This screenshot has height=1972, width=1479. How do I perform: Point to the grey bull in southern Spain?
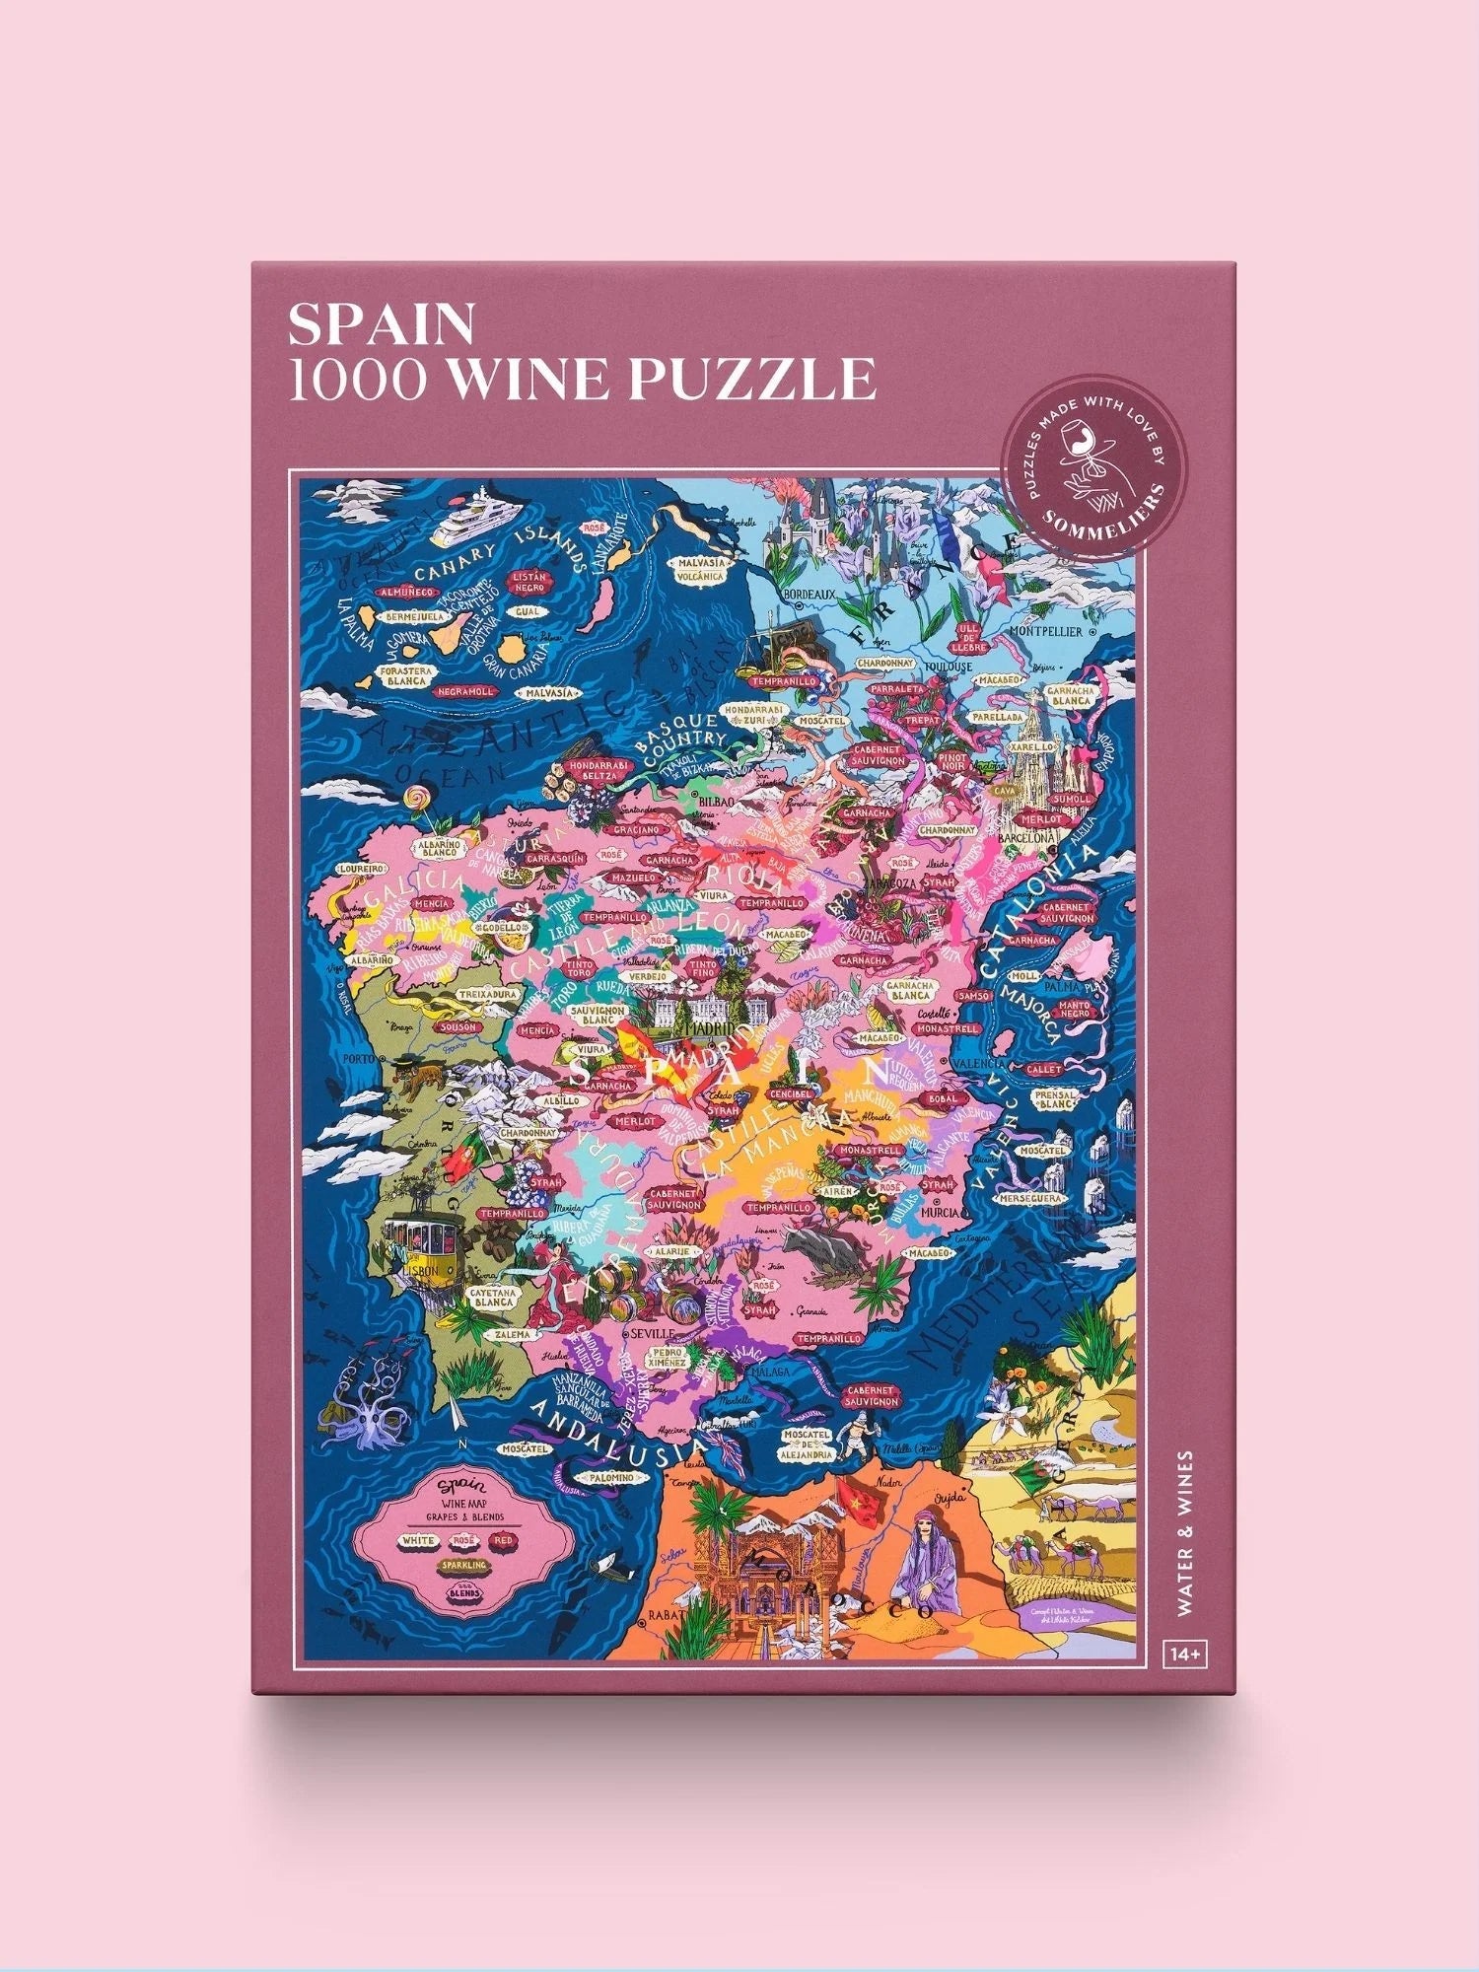821,1247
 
